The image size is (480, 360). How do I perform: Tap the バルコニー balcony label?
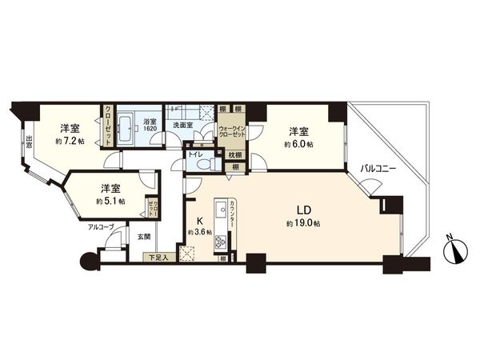coord(374,169)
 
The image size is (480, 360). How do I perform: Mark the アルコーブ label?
coord(102,227)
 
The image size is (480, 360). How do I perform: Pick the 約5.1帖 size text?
coord(110,202)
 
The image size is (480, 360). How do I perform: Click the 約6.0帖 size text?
coord(298,144)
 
